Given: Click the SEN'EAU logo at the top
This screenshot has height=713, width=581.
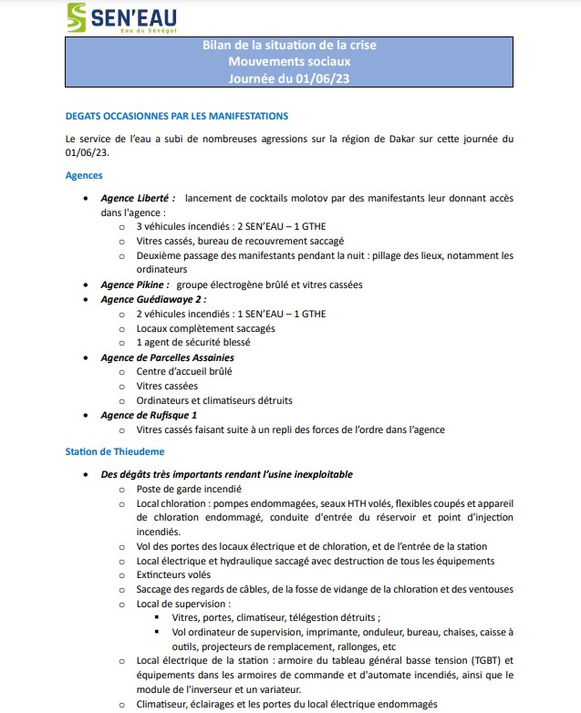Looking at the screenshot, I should click(x=121, y=17).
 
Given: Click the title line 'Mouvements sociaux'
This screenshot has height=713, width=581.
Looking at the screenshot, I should click(x=289, y=61).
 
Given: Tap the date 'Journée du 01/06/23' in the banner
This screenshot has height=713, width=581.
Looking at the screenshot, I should click(x=289, y=77).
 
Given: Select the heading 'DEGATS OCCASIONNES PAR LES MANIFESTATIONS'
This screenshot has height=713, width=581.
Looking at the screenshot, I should click(x=177, y=116).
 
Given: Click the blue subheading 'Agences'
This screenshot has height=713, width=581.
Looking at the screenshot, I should click(x=84, y=175).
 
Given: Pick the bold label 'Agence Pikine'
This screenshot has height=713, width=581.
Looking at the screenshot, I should click(x=134, y=284).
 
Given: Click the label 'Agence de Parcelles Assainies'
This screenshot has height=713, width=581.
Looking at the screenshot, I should click(x=167, y=357).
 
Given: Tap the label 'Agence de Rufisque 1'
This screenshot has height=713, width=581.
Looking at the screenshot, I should click(x=149, y=416).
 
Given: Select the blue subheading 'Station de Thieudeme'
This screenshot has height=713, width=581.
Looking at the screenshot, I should click(x=114, y=451).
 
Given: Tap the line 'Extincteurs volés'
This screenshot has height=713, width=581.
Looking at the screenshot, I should click(x=173, y=574).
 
